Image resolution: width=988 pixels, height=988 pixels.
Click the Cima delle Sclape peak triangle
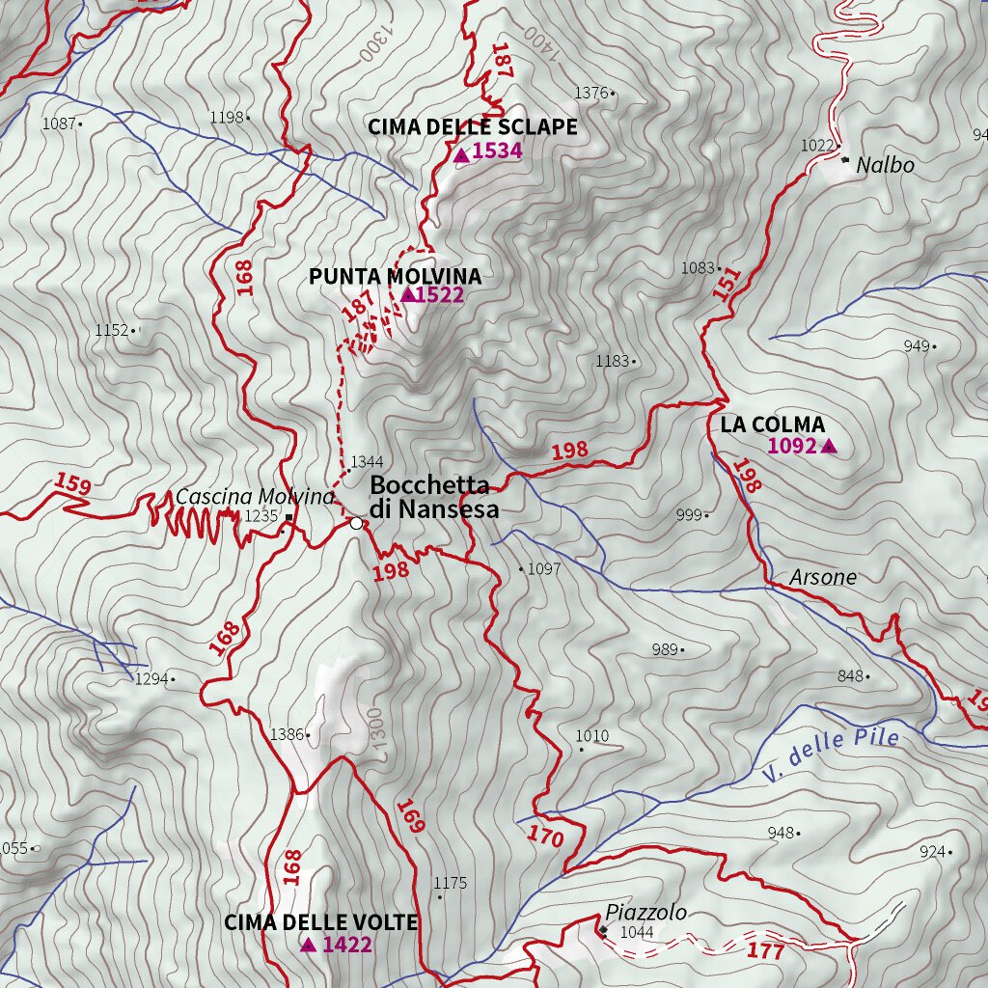[461, 153]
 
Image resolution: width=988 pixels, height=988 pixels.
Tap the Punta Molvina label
[395, 277]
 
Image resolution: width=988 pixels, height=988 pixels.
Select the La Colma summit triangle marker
[828, 446]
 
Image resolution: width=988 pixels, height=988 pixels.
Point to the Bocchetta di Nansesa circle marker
[356, 523]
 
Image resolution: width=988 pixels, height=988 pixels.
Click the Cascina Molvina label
[255, 497]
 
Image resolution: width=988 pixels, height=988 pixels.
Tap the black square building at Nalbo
[845, 160]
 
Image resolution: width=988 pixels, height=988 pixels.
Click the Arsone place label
[822, 578]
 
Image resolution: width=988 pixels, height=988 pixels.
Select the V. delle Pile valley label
[830, 755]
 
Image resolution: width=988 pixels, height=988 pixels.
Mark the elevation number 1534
[497, 151]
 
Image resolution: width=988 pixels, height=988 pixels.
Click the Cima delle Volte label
[320, 922]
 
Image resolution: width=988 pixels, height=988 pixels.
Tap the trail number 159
[72, 483]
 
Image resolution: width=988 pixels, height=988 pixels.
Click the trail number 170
[546, 837]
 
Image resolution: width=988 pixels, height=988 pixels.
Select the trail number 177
[766, 951]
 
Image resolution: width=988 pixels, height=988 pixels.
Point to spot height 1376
[591, 93]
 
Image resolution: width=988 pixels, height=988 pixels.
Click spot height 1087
[59, 123]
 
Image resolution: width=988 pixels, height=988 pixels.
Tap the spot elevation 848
[850, 676]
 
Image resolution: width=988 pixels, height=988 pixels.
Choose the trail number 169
[411, 816]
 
